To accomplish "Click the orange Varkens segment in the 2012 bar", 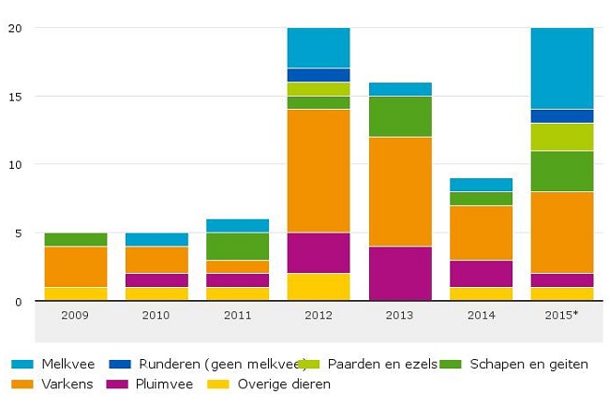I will [319, 171].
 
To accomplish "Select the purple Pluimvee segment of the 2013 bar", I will [400, 274].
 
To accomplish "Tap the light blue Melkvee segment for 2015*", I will [562, 68].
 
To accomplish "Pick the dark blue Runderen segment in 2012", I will [319, 75].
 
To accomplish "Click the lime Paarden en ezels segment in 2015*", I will [562, 137].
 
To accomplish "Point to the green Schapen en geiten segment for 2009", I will [75, 239].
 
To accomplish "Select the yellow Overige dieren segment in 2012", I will [319, 287].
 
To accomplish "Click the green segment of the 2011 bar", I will [237, 246].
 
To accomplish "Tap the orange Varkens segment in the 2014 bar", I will [482, 233].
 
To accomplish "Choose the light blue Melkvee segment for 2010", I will [156, 239].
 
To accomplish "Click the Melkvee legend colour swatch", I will [18, 364].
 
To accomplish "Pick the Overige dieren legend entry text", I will [284, 383].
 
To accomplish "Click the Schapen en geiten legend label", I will [529, 364].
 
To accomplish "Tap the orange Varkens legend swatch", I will [18, 383].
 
